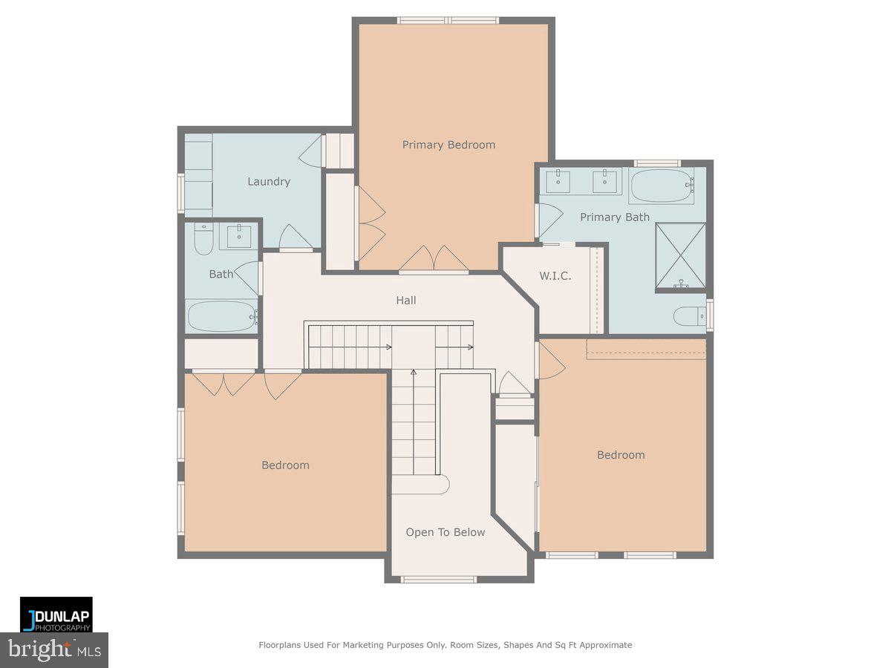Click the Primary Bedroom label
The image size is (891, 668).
(x=448, y=145)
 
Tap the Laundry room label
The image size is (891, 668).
(x=268, y=181)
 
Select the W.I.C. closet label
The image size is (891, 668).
(x=555, y=276)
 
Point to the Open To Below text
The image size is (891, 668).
(x=446, y=532)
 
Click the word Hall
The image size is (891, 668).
(x=405, y=300)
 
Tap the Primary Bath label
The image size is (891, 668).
(x=614, y=217)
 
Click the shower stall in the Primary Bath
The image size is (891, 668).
(x=680, y=255)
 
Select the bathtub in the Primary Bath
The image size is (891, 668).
(x=662, y=186)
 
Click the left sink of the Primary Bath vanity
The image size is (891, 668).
(x=558, y=180)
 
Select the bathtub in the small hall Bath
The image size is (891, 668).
(x=221, y=316)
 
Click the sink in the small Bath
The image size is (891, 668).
(x=238, y=237)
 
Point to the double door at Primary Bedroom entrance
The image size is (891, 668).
(x=434, y=260)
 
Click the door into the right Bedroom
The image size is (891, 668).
(x=550, y=359)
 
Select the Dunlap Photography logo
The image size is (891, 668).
(x=56, y=615)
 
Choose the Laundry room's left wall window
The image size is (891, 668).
(x=180, y=192)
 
